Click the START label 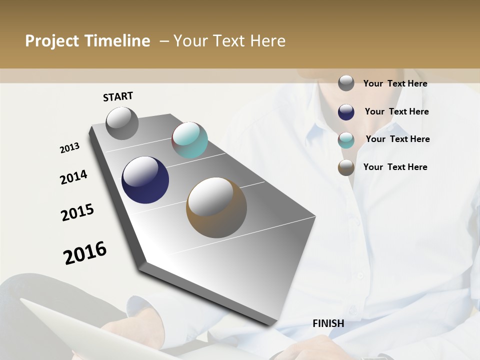(x=118, y=96)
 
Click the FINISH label (x=328, y=323)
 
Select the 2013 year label (x=70, y=148)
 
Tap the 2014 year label (x=73, y=177)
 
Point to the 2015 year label (x=77, y=212)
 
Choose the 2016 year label (x=85, y=253)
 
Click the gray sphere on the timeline (x=122, y=123)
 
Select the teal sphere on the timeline (x=189, y=140)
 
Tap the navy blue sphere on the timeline (x=145, y=180)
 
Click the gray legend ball (x=346, y=83)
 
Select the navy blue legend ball (x=346, y=112)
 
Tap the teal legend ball (x=346, y=140)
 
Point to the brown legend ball (x=346, y=167)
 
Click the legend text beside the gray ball (x=395, y=83)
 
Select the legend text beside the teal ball (x=397, y=139)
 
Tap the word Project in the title (x=51, y=41)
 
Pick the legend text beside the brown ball (x=395, y=167)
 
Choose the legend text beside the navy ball (x=396, y=111)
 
